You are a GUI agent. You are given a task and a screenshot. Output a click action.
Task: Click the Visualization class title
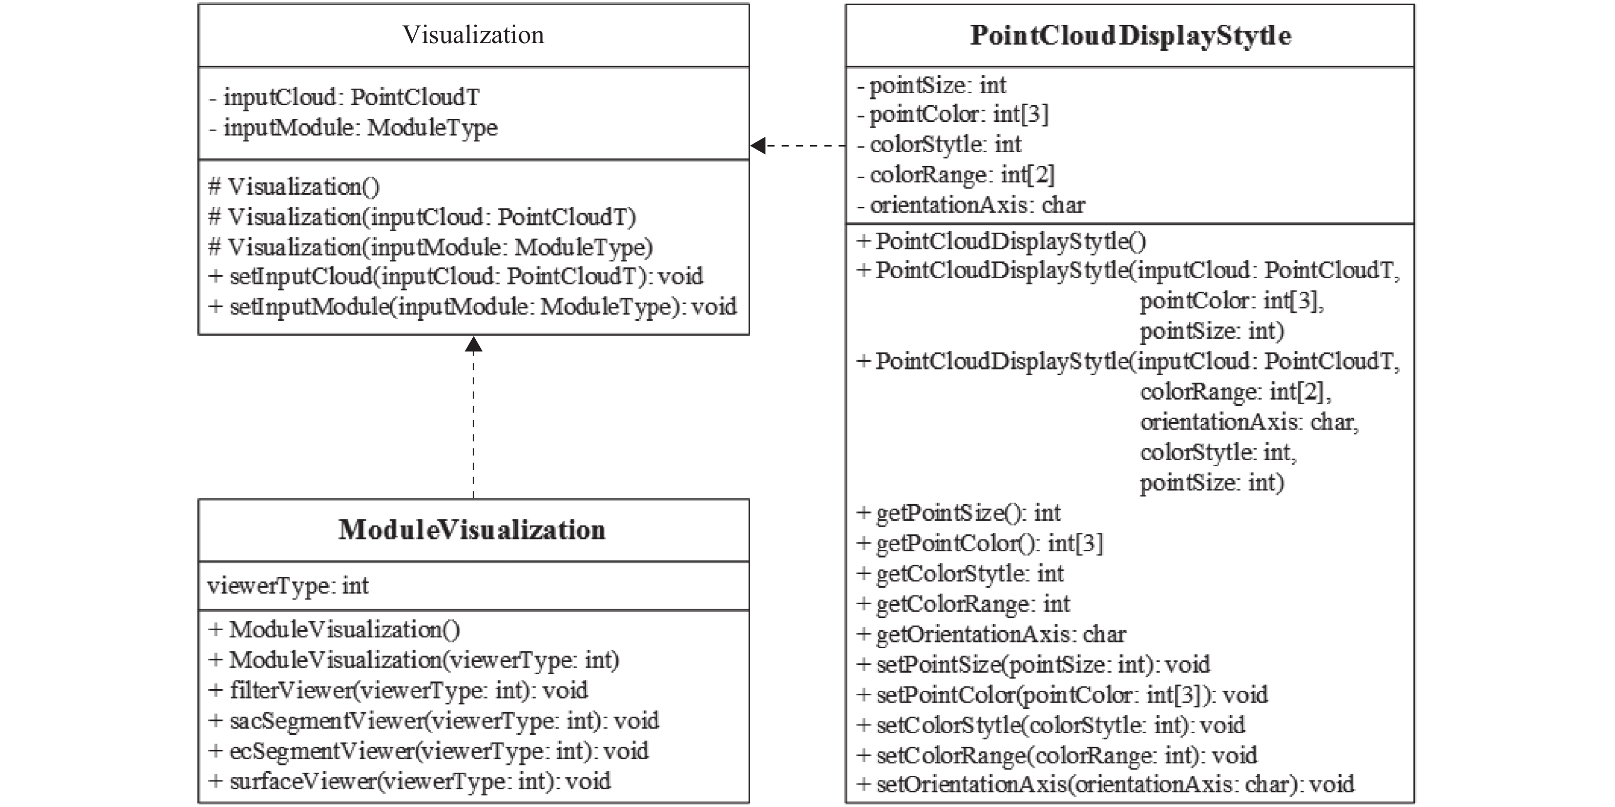click(473, 35)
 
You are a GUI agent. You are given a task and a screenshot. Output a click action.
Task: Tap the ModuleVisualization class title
click(472, 530)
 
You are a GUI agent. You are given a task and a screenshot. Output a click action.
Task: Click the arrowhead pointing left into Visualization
click(758, 146)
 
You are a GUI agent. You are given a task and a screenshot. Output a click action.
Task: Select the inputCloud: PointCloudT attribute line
click(345, 97)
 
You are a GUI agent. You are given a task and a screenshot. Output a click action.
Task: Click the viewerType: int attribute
click(288, 586)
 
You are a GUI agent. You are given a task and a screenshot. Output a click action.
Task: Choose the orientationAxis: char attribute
click(971, 205)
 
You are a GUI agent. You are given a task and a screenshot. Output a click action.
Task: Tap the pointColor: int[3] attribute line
click(953, 114)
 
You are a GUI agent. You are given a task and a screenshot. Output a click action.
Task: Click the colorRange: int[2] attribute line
click(956, 175)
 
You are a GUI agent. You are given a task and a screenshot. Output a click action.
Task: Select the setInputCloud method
click(456, 276)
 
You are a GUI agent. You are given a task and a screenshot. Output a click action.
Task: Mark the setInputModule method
click(472, 307)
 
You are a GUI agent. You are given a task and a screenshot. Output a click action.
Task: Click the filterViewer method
click(398, 691)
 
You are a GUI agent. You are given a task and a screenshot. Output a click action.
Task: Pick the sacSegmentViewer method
click(434, 720)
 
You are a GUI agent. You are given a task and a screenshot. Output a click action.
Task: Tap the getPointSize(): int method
click(959, 513)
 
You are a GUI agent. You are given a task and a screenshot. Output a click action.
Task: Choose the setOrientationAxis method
click(1106, 784)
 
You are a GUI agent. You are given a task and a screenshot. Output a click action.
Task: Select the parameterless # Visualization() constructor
click(295, 187)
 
